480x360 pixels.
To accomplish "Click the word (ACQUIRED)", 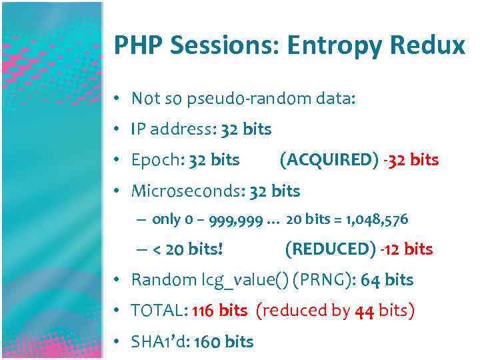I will click(x=329, y=160).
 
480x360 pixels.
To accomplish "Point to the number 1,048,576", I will click(x=377, y=219).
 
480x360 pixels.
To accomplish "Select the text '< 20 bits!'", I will click(x=187, y=249).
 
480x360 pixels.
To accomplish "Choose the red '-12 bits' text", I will click(x=407, y=249).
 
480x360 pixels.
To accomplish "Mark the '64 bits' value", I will click(x=387, y=280).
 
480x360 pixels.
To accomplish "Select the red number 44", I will click(x=364, y=311).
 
